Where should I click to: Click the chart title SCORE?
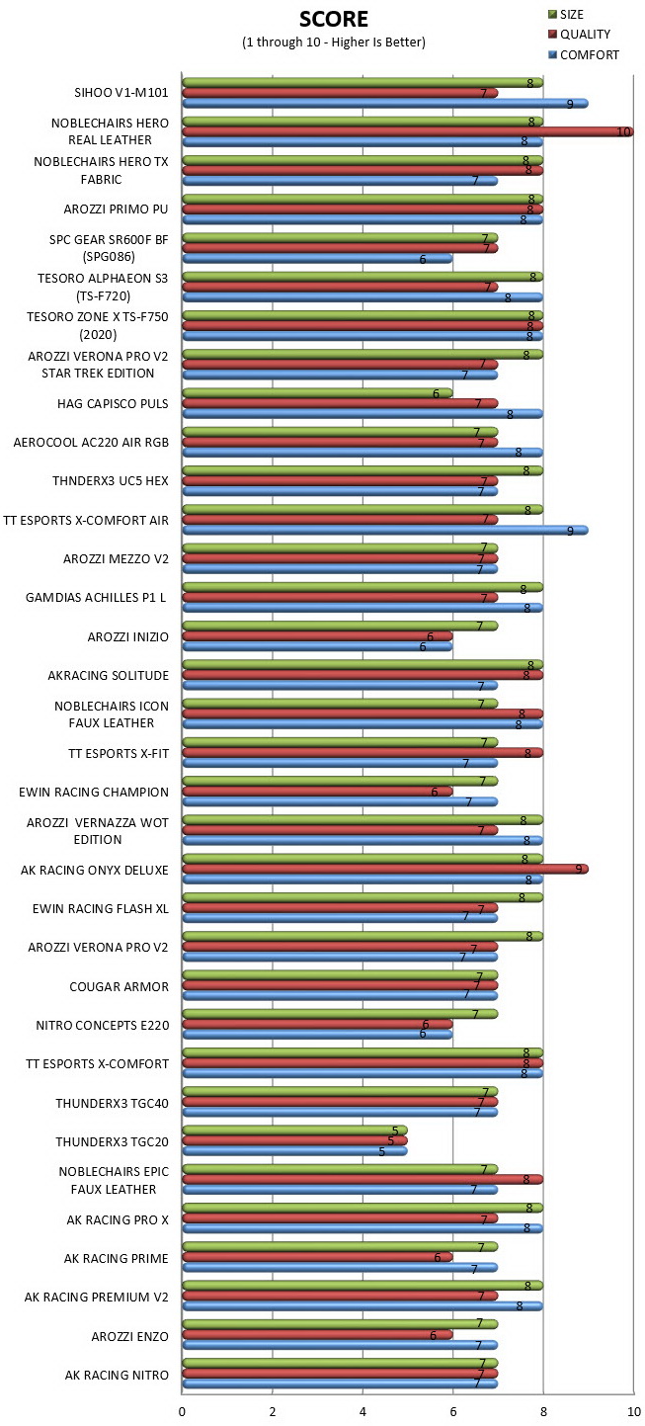[x=333, y=19]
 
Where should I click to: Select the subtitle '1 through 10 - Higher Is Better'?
[x=333, y=42]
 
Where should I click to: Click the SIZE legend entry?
[x=566, y=14]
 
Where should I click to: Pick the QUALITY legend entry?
[x=580, y=34]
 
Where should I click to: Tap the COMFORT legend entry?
[x=584, y=54]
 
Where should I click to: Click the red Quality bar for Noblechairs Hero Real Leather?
[x=408, y=131]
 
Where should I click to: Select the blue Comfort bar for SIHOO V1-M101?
[x=385, y=103]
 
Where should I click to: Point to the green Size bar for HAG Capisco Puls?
[x=317, y=392]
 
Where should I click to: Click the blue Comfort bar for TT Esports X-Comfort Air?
[x=385, y=530]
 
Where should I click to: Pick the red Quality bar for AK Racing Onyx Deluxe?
[x=385, y=869]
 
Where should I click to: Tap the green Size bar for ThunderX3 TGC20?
[x=294, y=1130]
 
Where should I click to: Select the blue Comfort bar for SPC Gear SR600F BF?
[x=317, y=259]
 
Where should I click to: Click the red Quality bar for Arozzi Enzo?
[x=317, y=1334]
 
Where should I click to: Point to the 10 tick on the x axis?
[x=633, y=1411]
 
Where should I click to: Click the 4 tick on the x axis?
[x=363, y=1411]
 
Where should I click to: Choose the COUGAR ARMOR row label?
[x=119, y=987]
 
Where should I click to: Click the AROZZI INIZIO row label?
[x=127, y=636]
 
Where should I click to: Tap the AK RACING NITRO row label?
[x=117, y=1375]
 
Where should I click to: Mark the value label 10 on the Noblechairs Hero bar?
[x=623, y=131]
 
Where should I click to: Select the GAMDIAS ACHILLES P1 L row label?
[x=96, y=597]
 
